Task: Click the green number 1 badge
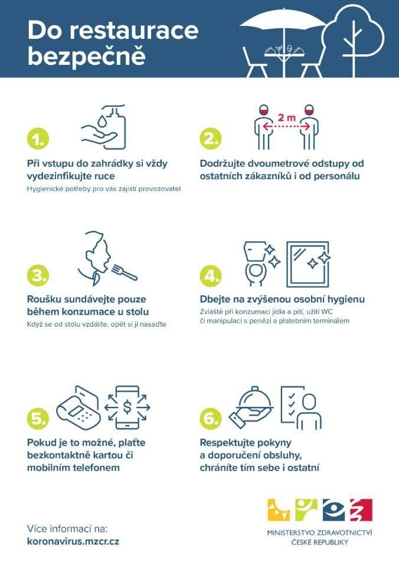pos(38,138)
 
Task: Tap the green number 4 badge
pos(210,276)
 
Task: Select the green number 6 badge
pos(210,417)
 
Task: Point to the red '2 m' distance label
pos(287,117)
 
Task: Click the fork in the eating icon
pos(125,272)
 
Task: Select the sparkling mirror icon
pos(308,264)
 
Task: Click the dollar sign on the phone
pos(127,407)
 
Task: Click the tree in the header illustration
pos(353,40)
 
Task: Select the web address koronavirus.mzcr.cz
pos(73,541)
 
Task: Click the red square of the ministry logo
pos(361,509)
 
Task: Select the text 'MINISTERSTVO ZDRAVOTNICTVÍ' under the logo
pos(320,533)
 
